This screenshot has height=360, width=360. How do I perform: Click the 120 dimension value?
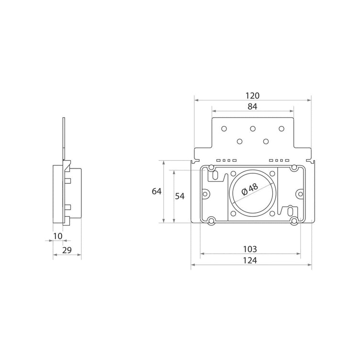point(253,96)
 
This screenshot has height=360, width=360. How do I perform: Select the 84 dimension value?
point(253,107)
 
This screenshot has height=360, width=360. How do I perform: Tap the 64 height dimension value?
point(157,191)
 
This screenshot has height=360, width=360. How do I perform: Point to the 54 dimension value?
point(180,196)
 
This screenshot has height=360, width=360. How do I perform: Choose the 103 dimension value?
point(250,249)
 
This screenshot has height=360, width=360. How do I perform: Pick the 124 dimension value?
point(250,260)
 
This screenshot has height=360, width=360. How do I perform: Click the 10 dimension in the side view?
point(58,236)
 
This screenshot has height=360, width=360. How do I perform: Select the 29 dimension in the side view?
point(67,250)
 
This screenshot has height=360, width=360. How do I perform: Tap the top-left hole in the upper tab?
point(224,129)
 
